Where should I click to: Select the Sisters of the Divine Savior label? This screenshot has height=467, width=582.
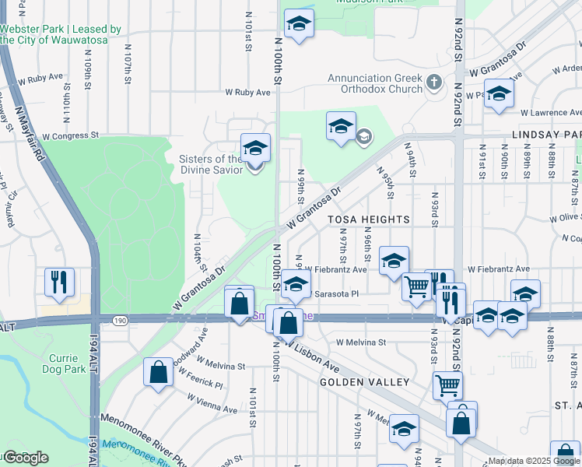[x=211, y=164]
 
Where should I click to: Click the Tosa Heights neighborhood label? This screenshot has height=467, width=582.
[x=369, y=220]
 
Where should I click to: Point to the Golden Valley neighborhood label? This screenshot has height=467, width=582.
[x=364, y=382]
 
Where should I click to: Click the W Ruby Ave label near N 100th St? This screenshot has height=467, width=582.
[x=247, y=92]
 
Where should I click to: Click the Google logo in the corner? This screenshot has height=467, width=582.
[x=26, y=458]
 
